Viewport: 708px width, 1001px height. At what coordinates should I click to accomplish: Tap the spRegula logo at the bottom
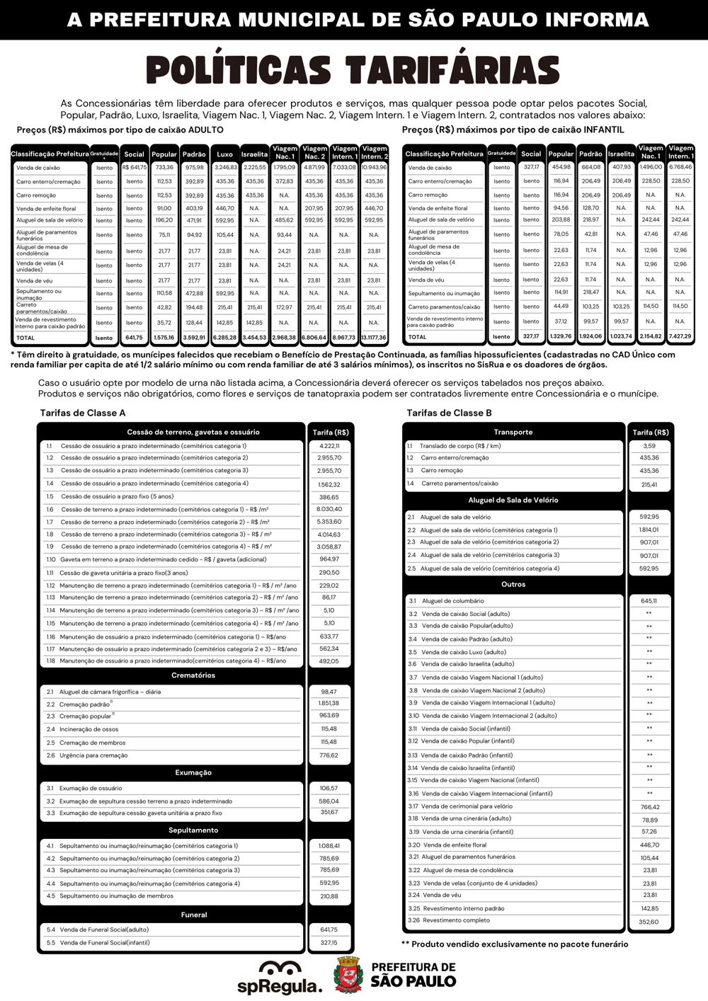289,977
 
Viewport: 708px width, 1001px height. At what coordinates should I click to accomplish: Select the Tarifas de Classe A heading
83,413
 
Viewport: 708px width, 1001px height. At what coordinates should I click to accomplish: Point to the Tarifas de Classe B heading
449,413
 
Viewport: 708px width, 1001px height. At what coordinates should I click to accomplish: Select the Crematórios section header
193,675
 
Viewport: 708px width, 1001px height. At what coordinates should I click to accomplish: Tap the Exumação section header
193,772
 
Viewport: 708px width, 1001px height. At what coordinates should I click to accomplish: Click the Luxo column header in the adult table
224,154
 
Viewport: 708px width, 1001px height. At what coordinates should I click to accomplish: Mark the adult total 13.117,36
374,338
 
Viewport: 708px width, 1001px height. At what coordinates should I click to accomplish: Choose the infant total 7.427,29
680,337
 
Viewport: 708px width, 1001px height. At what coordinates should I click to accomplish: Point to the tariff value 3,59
649,446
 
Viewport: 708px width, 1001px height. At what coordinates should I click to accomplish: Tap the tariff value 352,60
649,922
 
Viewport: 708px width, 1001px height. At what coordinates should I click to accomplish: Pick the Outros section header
513,585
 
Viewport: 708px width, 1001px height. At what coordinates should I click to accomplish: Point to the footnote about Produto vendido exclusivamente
515,944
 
